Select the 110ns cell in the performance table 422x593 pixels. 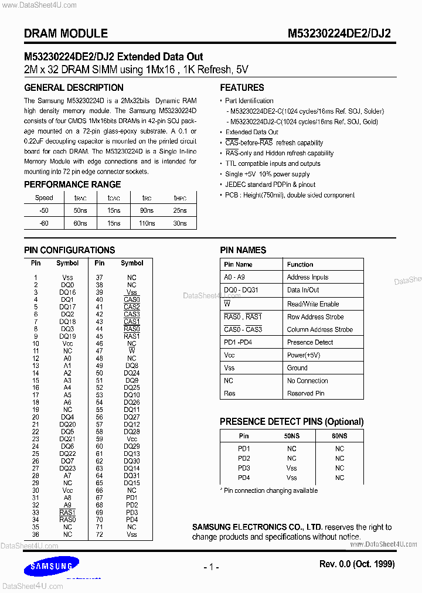[147, 223]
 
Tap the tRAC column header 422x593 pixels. [80, 198]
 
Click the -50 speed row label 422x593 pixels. [44, 210]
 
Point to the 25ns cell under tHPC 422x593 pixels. [180, 210]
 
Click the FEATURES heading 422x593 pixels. [242, 88]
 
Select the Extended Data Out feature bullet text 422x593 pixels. [252, 132]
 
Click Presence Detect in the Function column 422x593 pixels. [310, 342]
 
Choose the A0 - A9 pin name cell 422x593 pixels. [235, 277]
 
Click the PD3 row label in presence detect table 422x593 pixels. [244, 468]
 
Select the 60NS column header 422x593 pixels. [339, 436]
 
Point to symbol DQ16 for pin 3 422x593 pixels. [67, 292]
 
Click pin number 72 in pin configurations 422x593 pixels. [100, 534]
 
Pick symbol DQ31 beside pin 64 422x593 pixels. [132, 476]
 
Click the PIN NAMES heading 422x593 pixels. [243, 250]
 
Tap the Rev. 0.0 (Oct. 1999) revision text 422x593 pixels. [357, 564]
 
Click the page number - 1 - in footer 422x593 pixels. [211, 567]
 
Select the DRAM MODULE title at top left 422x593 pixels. [66, 34]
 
